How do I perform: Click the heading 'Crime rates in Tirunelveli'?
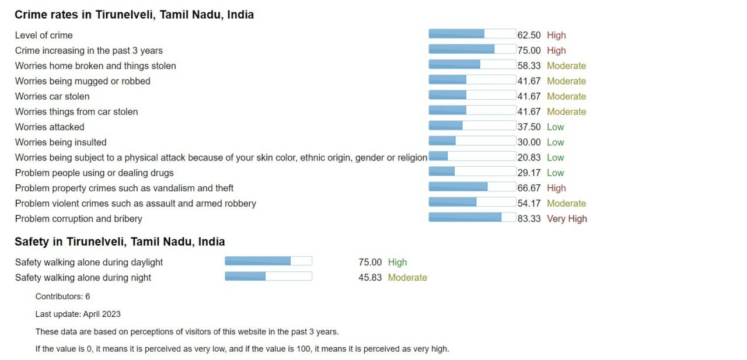click(x=134, y=15)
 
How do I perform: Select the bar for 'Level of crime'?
click(x=472, y=34)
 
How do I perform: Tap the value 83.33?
click(x=529, y=219)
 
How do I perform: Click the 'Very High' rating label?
click(x=567, y=219)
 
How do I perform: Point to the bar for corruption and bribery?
click(x=472, y=218)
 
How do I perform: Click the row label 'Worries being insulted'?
click(x=61, y=142)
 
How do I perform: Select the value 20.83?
click(x=529, y=158)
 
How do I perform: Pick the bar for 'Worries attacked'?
click(x=472, y=126)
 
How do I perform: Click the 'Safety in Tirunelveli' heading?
click(x=120, y=242)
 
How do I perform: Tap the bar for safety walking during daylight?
click(x=268, y=261)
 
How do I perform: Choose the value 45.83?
click(x=370, y=278)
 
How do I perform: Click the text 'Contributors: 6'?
click(x=62, y=296)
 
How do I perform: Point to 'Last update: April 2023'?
click(x=78, y=314)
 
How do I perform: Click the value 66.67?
click(x=529, y=188)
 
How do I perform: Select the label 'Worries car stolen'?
click(x=53, y=96)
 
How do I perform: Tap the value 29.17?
click(x=529, y=173)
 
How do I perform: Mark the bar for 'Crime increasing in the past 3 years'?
click(x=472, y=50)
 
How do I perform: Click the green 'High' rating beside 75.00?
click(x=397, y=263)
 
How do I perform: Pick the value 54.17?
click(x=529, y=204)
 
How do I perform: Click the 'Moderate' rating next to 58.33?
click(x=566, y=66)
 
